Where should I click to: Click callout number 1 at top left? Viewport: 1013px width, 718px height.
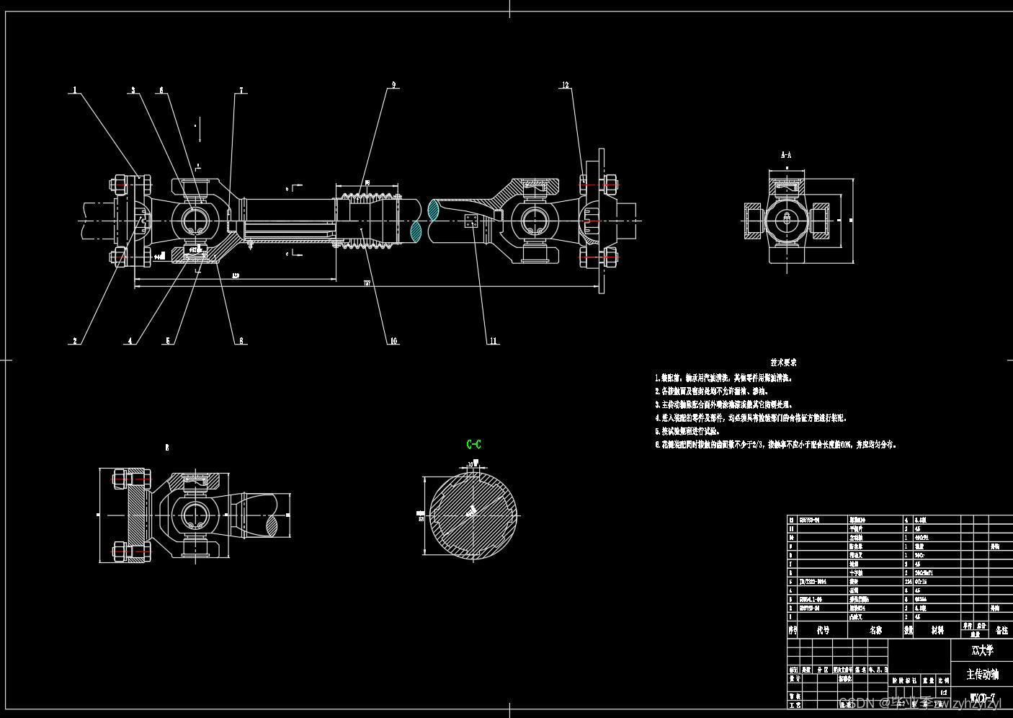coord(74,91)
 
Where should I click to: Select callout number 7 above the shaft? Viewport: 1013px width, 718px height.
coord(241,91)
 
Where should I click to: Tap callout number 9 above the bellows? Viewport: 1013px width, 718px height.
coord(393,85)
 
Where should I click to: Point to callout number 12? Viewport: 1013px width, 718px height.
coord(566,85)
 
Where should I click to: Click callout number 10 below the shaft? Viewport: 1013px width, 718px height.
coord(393,341)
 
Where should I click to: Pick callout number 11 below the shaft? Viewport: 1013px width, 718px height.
coord(494,341)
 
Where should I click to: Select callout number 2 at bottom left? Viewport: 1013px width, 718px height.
coord(74,341)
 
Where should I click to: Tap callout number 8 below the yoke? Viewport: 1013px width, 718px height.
coord(241,341)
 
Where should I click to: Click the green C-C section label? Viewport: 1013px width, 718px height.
coord(473,444)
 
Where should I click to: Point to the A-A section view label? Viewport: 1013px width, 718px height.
coord(786,155)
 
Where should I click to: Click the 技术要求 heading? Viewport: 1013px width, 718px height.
coord(783,363)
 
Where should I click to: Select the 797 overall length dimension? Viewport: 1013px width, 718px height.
coord(367,284)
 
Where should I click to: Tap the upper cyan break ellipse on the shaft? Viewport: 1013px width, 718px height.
coord(433,210)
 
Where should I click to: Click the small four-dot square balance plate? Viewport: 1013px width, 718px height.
coord(470,221)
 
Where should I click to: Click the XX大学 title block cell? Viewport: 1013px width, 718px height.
coord(982,650)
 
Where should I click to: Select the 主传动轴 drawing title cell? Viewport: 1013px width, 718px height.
coord(982,675)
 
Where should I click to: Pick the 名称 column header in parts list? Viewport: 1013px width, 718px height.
coord(875,630)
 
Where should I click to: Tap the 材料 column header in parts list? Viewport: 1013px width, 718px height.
coord(937,630)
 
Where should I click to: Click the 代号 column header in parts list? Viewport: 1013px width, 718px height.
coord(823,630)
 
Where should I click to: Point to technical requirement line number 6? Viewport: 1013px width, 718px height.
coord(777,445)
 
